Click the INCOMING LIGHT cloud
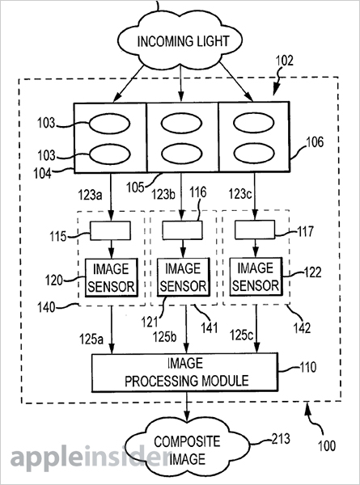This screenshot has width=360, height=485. tap(180, 38)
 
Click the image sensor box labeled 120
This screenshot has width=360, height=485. tap(110, 276)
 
